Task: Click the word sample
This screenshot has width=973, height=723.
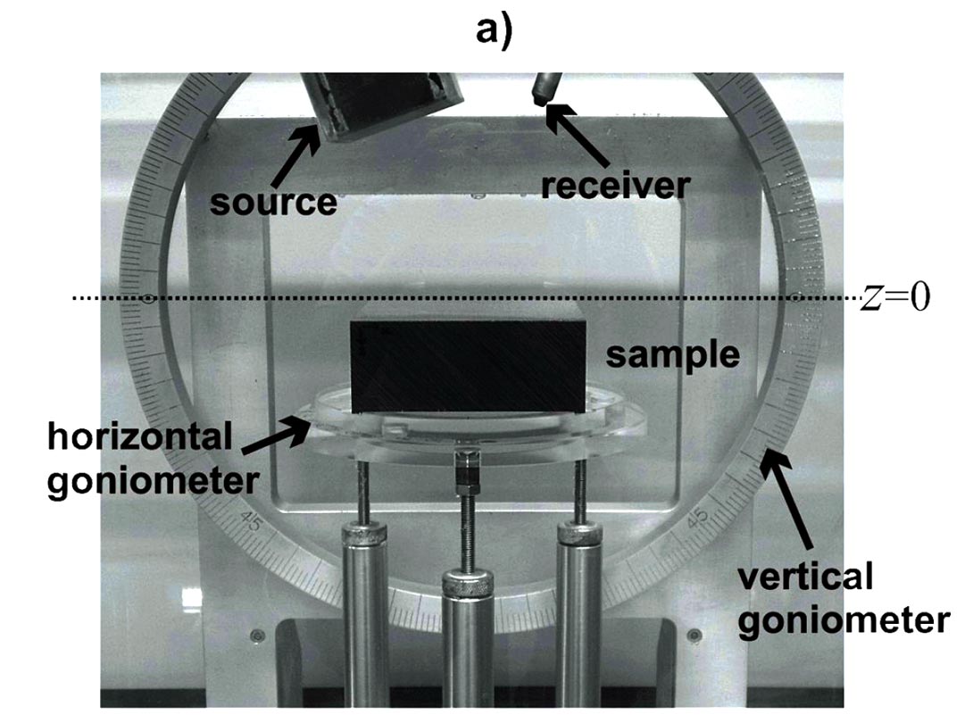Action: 673,354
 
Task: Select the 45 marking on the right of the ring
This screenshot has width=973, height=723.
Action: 699,519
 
